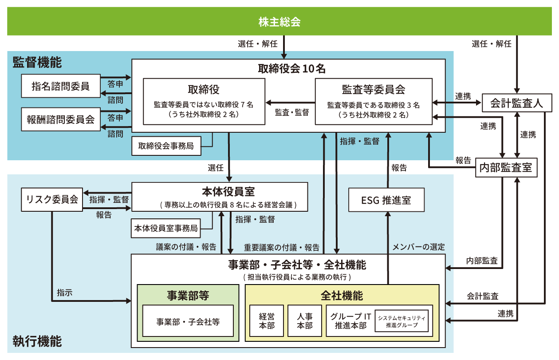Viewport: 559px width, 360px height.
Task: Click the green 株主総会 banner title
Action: point(279,22)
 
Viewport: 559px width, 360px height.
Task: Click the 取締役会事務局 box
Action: point(166,146)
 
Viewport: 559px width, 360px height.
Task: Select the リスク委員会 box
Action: point(50,199)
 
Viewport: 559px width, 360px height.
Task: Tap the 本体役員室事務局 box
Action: point(166,229)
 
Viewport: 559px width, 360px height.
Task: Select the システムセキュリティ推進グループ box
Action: point(402,321)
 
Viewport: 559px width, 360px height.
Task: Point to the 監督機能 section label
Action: point(37,62)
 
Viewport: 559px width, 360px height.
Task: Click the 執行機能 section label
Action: point(37,341)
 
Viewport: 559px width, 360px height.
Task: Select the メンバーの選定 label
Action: point(418,247)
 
